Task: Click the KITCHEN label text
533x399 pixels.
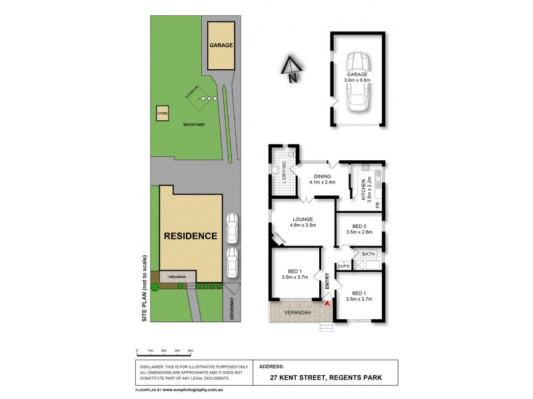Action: [x=363, y=190]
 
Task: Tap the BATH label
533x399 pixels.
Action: [x=368, y=254]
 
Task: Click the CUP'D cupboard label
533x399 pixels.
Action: [x=344, y=267]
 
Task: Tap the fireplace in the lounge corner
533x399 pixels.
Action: [x=276, y=236]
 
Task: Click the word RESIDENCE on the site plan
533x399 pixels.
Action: [x=191, y=236]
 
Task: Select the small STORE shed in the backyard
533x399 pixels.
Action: [x=163, y=113]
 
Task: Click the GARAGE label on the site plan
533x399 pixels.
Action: [x=221, y=46]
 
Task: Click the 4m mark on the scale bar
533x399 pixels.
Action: [x=191, y=350]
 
